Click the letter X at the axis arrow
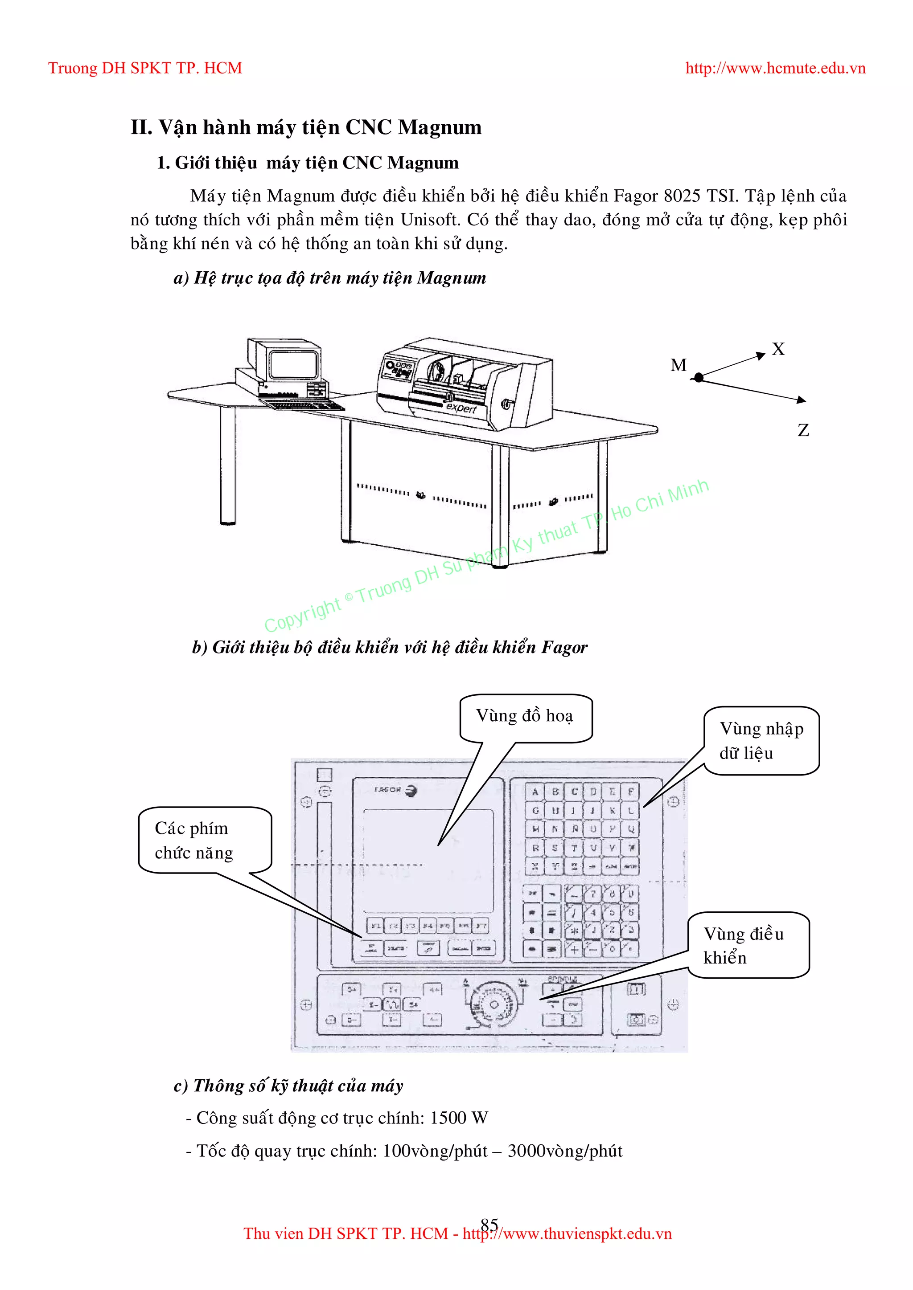point(778,350)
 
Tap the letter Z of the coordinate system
point(803,430)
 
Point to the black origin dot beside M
point(699,378)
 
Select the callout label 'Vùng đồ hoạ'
point(525,716)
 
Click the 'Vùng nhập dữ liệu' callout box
point(761,740)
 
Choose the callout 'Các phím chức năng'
point(205,841)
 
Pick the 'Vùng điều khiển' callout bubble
point(748,945)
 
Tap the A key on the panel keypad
point(535,792)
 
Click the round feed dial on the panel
point(494,1004)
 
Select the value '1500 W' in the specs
point(459,1118)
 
